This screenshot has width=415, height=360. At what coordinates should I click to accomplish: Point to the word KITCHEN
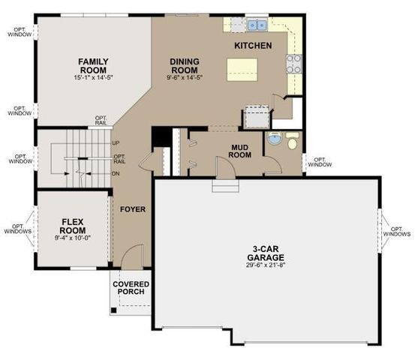coord(253,46)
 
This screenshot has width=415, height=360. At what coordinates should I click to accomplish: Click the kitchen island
coord(242,69)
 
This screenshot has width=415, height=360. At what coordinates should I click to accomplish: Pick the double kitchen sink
coord(257,25)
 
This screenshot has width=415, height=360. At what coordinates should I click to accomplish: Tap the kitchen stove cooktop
coord(294,64)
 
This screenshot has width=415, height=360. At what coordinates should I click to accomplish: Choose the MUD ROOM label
coord(239,150)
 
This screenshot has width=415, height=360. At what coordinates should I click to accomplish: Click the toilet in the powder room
coord(292,140)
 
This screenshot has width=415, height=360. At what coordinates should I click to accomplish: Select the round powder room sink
coord(275,140)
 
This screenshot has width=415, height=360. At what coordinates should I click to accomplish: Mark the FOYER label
coord(132,208)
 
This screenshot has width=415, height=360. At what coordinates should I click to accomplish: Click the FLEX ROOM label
coord(73,226)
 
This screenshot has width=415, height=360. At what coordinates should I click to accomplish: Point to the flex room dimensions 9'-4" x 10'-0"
coord(73,238)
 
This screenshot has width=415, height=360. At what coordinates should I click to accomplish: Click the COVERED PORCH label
coord(131,288)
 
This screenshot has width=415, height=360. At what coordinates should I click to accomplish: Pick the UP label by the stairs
coord(116,142)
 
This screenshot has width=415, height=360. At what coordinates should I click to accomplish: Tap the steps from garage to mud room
coord(225,184)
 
